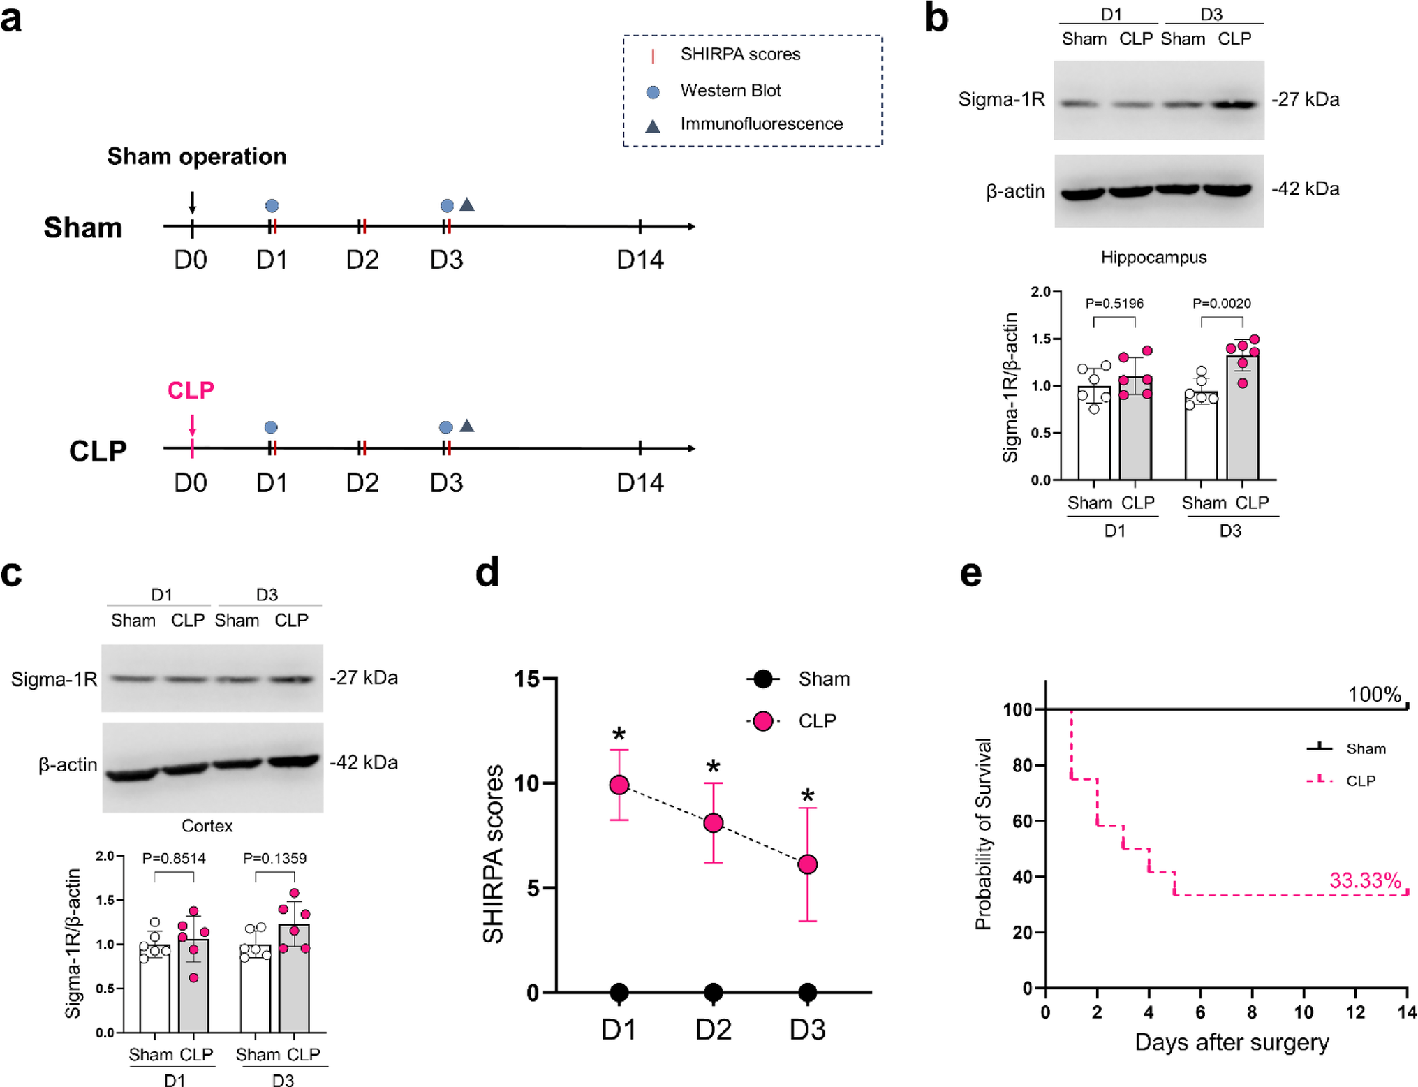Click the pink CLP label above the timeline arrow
click(191, 390)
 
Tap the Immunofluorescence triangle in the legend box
click(652, 126)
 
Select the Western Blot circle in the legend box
click(653, 91)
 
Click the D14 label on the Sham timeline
click(640, 260)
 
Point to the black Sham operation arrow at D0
click(192, 202)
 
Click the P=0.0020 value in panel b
click(1221, 304)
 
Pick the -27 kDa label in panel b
click(1305, 100)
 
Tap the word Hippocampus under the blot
click(1153, 258)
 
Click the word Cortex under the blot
click(207, 826)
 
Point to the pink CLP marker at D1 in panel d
click(619, 785)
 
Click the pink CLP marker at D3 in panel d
click(807, 864)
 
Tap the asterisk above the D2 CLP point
click(713, 767)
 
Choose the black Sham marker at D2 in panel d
click(713, 992)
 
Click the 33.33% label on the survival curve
click(1364, 881)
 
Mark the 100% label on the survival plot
click(1374, 695)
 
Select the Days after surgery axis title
click(1232, 1042)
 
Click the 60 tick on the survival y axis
click(1022, 821)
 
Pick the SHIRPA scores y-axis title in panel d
click(493, 854)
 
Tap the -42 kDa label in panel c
click(364, 762)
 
